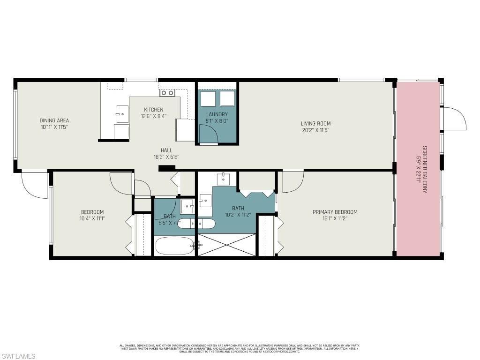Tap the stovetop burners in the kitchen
pos(167,93)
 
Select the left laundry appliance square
pos(208,99)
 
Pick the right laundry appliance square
pos(227,99)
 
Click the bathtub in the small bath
pos(174,246)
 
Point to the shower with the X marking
pos(227,245)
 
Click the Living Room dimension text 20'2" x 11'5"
pos(315,130)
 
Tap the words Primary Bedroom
pos(335,212)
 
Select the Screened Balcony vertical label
pos(425,169)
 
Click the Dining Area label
pos(54,120)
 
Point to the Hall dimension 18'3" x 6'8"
pos(166,157)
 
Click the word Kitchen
pos(153,110)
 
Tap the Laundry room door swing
pos(209,134)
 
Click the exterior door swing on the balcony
pos(454,119)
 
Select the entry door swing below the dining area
pos(35,184)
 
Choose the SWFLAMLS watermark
pos(18,356)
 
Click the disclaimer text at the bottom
pos(240,348)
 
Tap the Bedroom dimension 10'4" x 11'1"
pos(92,218)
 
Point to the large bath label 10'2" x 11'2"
pos(238,214)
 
